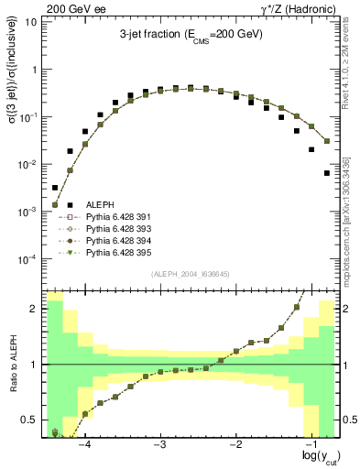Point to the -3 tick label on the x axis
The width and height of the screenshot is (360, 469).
(x=160, y=442)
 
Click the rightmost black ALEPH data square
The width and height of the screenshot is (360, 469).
(x=327, y=172)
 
